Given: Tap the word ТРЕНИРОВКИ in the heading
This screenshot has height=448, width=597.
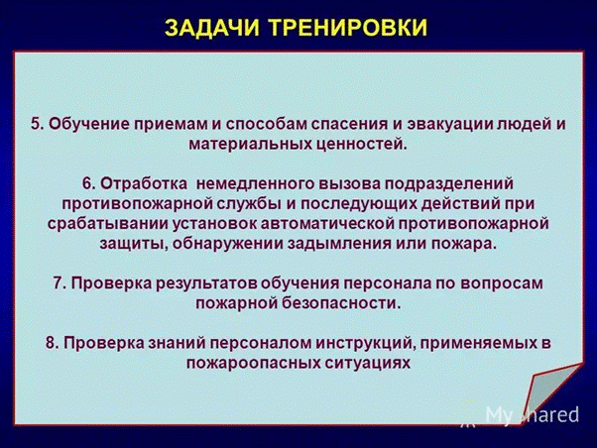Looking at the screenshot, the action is coord(348,28).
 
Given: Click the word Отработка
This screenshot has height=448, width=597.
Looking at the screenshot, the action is coord(145,183).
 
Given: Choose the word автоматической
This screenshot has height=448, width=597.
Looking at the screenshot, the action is coord(327,224).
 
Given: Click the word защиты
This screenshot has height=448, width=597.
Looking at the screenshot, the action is coord(133,244).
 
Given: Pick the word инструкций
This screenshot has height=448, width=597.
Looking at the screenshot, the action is coord(366,343).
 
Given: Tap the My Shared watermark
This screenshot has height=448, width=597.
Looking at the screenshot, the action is coord(533,414).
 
